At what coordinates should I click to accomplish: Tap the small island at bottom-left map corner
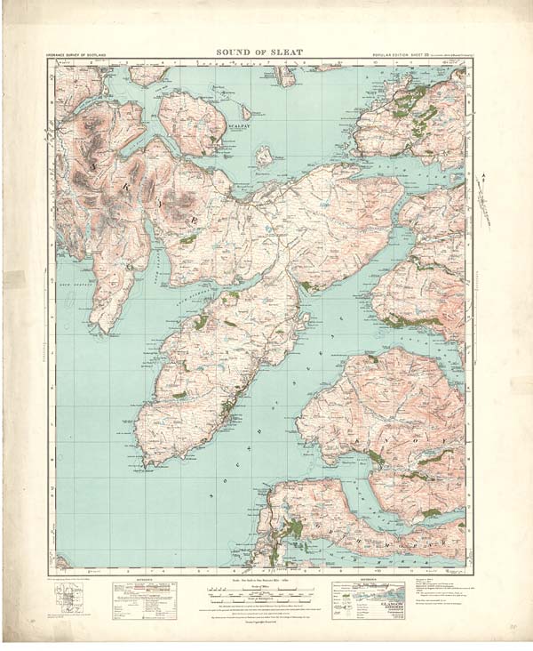(60, 562)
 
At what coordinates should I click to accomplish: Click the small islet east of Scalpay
(264, 157)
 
